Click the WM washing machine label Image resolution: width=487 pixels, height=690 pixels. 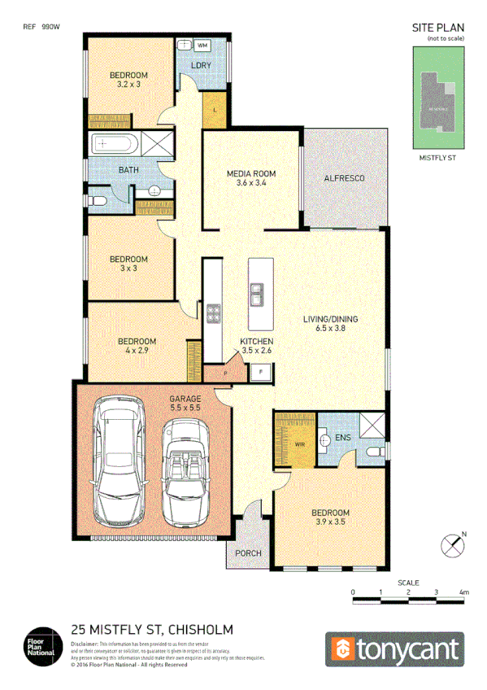(x=202, y=45)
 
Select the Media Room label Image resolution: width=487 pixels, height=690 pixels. (x=250, y=174)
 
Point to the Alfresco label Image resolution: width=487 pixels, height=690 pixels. (x=343, y=177)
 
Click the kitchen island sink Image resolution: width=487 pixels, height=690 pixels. (x=257, y=292)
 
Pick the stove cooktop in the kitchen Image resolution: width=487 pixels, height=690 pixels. (x=213, y=314)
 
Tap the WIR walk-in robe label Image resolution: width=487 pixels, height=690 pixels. (x=298, y=445)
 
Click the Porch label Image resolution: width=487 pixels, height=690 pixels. (x=248, y=554)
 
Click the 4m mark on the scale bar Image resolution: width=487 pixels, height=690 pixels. (x=463, y=592)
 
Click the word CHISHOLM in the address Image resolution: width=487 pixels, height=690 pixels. (x=200, y=629)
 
